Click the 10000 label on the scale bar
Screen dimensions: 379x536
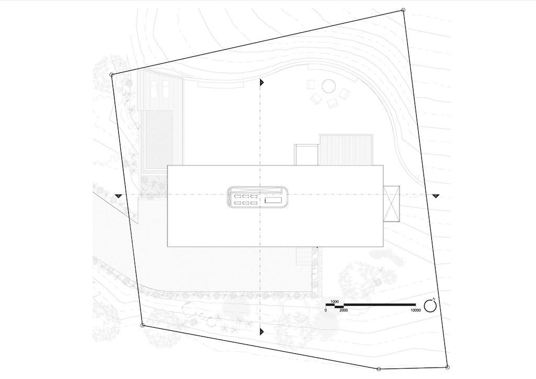pos(416,310)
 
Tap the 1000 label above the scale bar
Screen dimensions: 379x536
pos(336,302)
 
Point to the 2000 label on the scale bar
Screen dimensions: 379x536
pos(344,310)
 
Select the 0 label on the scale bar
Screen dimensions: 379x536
pos(326,310)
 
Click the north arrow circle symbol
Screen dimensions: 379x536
pos(430,306)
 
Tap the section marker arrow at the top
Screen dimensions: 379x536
pos(262,83)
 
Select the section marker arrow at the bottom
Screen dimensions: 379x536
pos(262,331)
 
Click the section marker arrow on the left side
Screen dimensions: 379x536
pos(118,195)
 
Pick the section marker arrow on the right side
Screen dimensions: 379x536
pos(435,195)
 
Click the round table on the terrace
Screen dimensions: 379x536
pos(329,85)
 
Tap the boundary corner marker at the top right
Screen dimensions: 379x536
pos(403,9)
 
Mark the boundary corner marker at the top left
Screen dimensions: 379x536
pos(111,74)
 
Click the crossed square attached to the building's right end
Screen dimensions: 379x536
pos(391,203)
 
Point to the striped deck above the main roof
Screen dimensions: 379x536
pos(346,150)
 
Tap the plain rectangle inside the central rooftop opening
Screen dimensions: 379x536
pos(273,200)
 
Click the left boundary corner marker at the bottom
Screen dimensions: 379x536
pos(142,325)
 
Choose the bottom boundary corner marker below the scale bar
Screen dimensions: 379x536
pos(378,369)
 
